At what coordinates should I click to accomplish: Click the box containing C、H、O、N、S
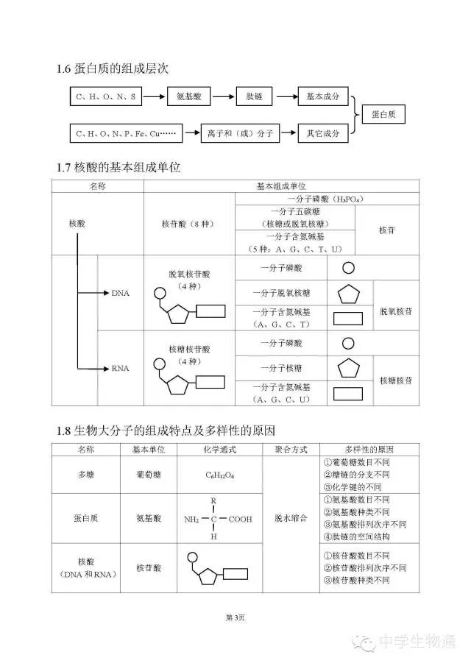[106, 96]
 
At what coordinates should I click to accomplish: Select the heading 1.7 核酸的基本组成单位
[118, 168]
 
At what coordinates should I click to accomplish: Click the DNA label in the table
[120, 293]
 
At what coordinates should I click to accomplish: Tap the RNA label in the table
[120, 369]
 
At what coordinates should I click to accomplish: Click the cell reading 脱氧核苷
[395, 311]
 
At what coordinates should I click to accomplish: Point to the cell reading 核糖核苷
[395, 380]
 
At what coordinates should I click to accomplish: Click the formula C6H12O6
[219, 475]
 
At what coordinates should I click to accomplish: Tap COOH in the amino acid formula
[240, 519]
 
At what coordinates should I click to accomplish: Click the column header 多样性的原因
[369, 449]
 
